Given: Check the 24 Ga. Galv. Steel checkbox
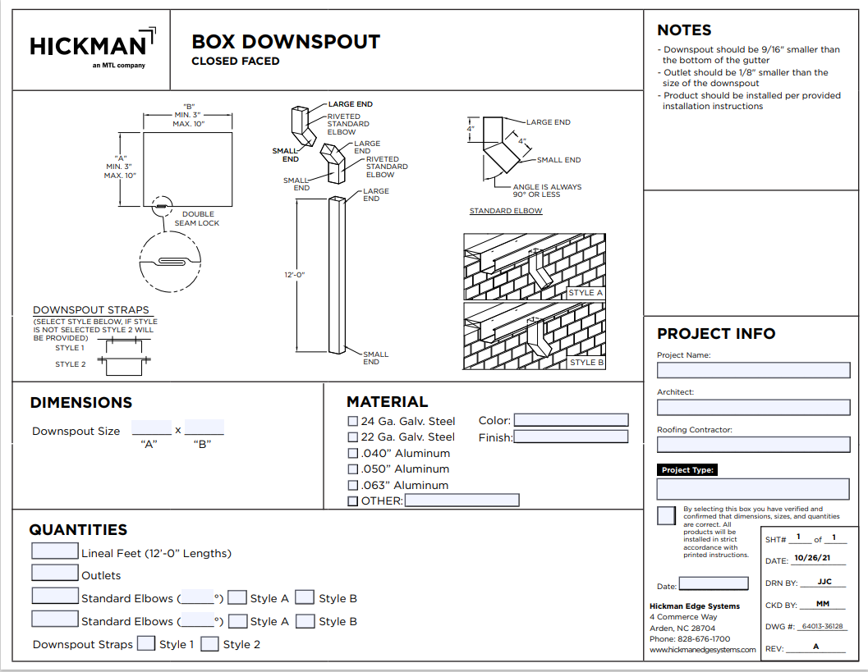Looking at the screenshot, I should click(353, 421).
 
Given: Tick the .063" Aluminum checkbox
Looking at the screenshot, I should click(353, 485).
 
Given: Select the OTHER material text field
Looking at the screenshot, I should click(462, 501).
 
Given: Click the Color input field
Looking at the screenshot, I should click(571, 420).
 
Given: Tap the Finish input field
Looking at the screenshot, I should click(571, 437).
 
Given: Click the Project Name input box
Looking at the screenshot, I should click(753, 370).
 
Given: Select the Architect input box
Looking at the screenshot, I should click(753, 407).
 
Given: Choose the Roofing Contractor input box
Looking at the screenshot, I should click(753, 445).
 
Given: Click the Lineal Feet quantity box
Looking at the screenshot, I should click(55, 551).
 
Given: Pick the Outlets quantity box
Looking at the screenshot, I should click(55, 574).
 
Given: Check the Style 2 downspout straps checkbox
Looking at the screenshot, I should click(210, 644).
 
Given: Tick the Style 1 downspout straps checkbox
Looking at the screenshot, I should click(146, 644).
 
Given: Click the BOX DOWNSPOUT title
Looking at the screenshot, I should click(286, 42).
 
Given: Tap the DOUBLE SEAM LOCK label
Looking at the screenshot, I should click(197, 218).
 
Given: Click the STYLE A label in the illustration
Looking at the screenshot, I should click(586, 293).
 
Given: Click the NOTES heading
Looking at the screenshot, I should click(684, 30).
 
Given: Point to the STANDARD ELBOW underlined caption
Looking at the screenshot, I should click(506, 211).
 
